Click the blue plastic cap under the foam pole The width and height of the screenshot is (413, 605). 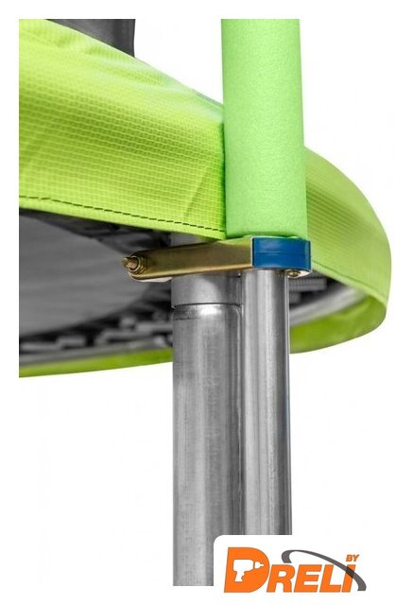281,253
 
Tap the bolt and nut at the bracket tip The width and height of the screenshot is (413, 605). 135,265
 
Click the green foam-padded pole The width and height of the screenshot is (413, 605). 264,128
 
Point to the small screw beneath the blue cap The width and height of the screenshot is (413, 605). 294,273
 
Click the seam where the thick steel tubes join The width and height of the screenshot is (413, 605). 206,306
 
